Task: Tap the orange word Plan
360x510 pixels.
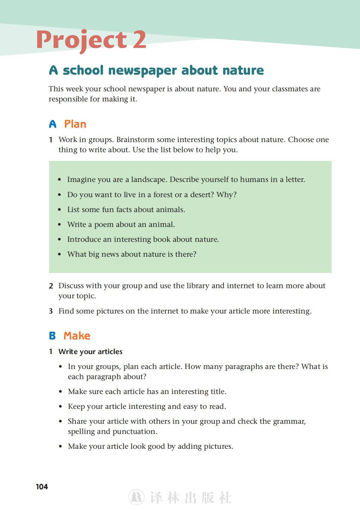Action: click(75, 124)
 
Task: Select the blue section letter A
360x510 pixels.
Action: click(53, 124)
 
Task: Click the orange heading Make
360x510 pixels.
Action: click(77, 336)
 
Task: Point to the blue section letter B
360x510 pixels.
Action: click(52, 336)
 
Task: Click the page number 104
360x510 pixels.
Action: click(42, 487)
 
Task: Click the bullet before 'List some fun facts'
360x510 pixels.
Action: click(59, 210)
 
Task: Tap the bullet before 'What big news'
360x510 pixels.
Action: click(59, 254)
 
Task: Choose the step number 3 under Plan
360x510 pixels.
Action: click(51, 311)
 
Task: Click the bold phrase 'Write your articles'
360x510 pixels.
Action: click(90, 352)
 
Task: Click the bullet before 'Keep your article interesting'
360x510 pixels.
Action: click(61, 407)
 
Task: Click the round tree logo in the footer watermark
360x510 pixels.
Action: click(136, 497)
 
